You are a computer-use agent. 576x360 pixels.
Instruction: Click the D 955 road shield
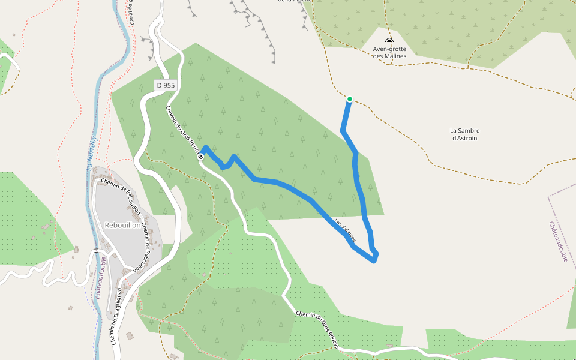tap(166, 85)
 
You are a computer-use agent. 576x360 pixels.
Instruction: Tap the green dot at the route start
tap(349, 99)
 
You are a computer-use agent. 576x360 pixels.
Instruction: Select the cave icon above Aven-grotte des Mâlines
tap(389, 40)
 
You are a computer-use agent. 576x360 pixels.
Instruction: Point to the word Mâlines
tap(395, 56)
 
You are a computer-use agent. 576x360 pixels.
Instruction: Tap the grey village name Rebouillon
tap(122, 226)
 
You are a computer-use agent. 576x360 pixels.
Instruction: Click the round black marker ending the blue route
tap(200, 157)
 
